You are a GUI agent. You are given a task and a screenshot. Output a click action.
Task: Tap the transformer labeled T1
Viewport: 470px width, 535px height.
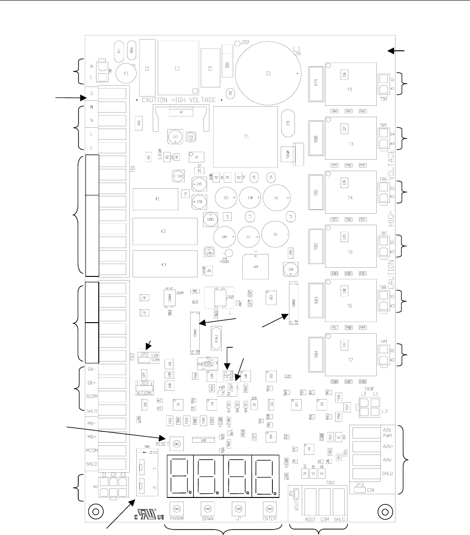point(246,136)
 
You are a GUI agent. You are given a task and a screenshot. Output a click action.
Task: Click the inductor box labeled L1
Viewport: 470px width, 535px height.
point(178,68)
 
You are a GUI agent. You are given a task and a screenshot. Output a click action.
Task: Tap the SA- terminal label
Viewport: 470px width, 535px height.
point(91,369)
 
